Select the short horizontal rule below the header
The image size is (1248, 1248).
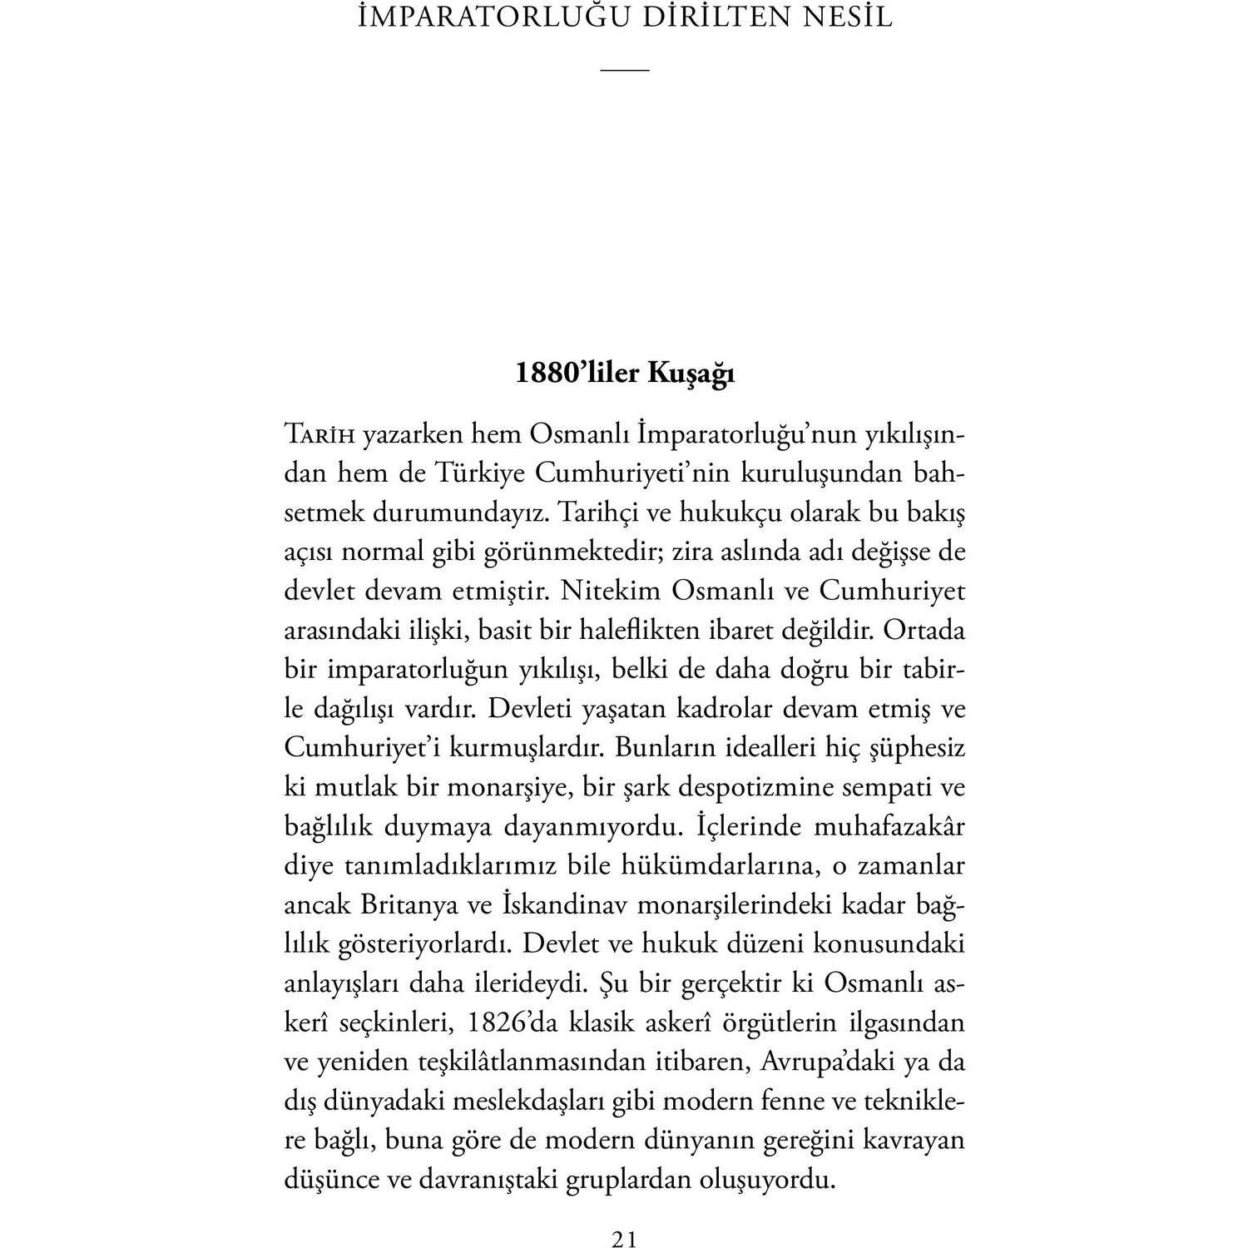pyautogui.click(x=624, y=69)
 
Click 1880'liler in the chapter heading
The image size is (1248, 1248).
pyautogui.click(x=577, y=374)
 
